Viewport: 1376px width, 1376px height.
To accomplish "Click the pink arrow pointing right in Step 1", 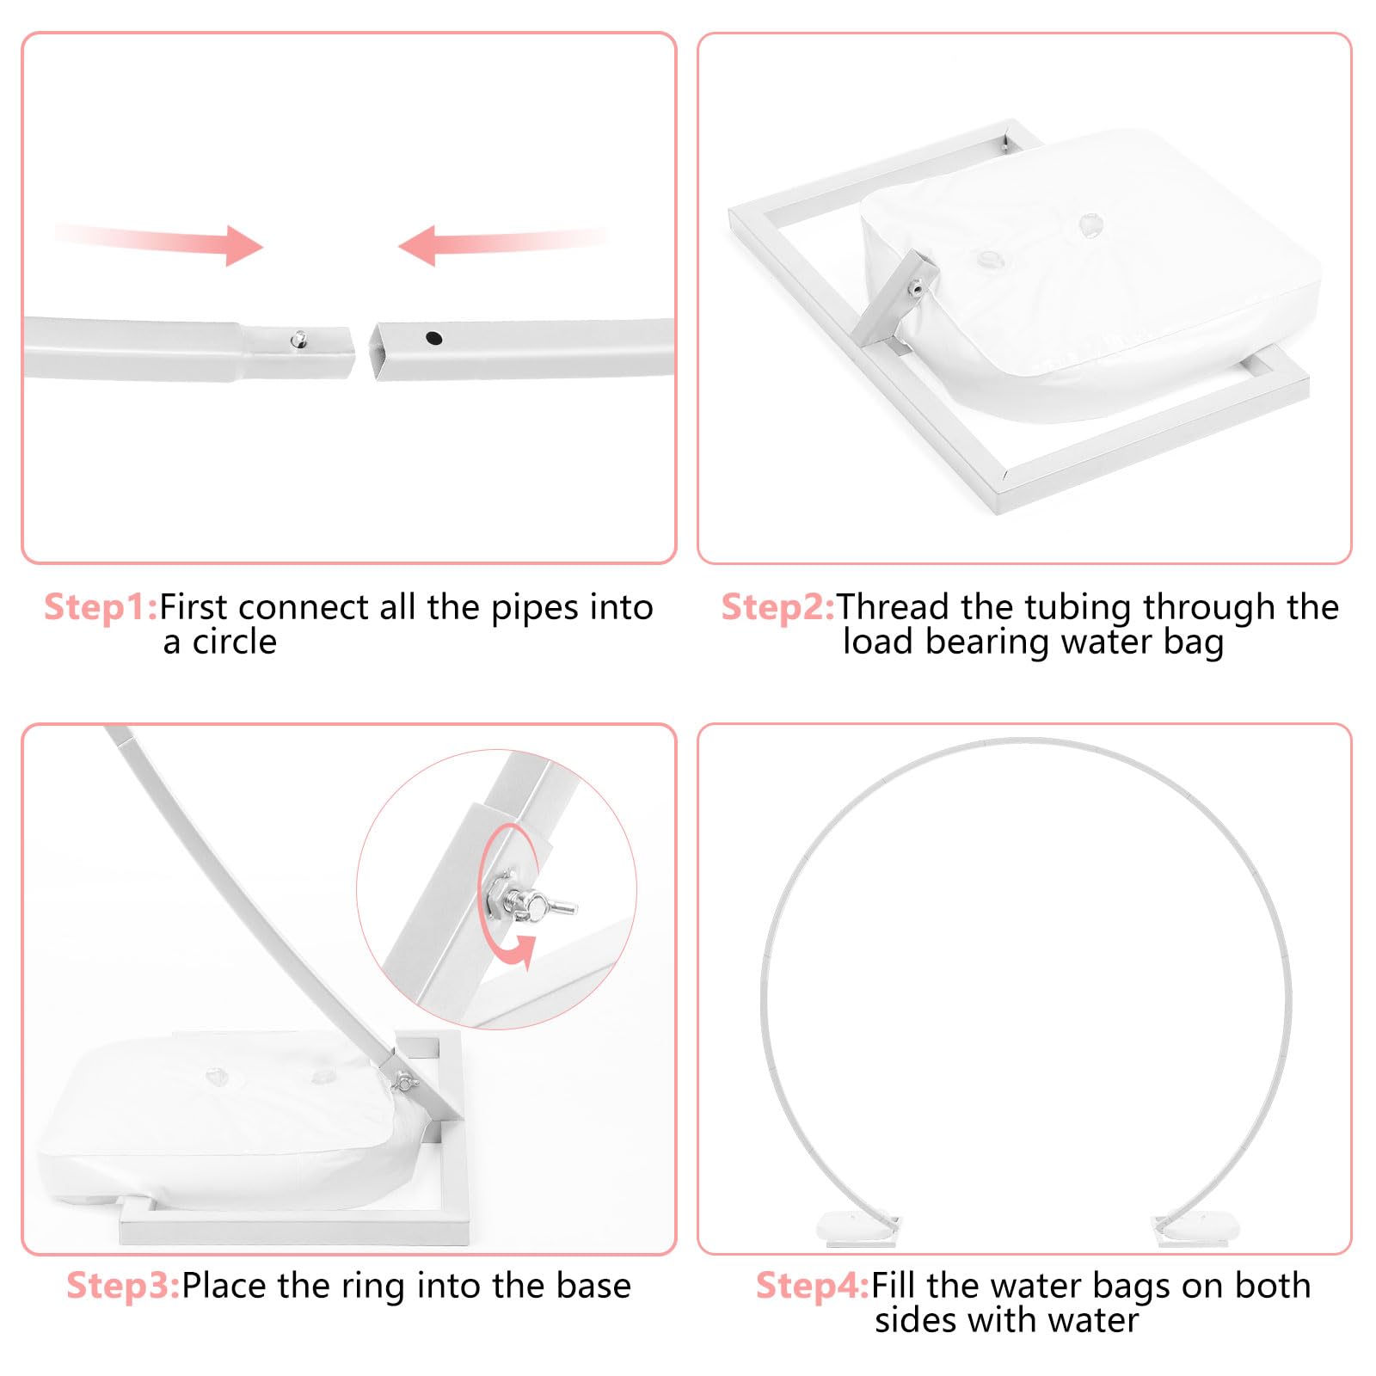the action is click(159, 243).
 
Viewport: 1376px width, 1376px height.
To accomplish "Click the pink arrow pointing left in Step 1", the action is click(503, 243).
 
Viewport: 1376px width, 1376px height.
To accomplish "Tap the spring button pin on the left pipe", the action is click(298, 339).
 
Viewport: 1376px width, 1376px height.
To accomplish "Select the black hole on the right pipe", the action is click(434, 338).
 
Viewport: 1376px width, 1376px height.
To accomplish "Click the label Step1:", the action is click(101, 607).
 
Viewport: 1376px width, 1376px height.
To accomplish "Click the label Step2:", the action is click(777, 607).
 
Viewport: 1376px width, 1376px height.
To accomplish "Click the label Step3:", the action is click(123, 1286).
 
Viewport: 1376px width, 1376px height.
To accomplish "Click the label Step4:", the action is click(813, 1286).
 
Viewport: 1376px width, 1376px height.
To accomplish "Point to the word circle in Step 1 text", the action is click(234, 642).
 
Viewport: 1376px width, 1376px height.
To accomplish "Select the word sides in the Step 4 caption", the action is click(915, 1320).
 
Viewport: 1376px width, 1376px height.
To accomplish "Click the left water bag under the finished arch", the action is click(856, 1228).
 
